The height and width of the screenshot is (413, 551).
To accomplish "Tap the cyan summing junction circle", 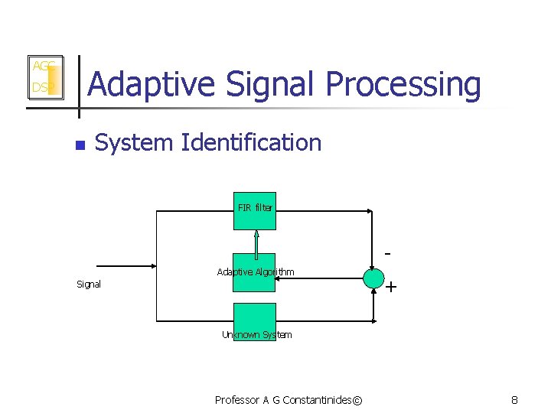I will (x=373, y=278).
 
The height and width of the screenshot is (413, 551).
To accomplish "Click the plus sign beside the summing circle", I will (x=391, y=288).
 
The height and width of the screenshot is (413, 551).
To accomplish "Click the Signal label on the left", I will (x=89, y=285).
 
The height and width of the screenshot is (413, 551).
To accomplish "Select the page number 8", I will (x=514, y=400).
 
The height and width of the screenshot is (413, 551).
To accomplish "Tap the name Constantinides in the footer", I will (x=317, y=400).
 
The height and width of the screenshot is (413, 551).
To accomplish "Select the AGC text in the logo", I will (x=41, y=67).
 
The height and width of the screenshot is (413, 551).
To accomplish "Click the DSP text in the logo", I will (x=41, y=88).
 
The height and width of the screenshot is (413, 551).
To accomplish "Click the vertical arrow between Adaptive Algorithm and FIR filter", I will (x=256, y=242).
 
